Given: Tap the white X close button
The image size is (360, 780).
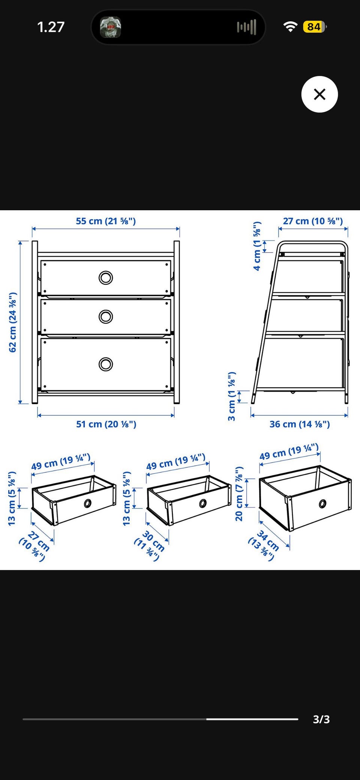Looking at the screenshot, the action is (319, 94).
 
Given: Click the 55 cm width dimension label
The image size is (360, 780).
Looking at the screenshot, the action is (106, 221).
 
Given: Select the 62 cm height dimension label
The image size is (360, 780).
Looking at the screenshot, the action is (13, 322).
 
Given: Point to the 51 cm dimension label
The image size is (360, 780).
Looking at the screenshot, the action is (106, 424).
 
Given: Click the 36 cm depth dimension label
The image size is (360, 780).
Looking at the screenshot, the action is (300, 424).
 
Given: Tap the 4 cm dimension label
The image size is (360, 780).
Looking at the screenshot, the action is (257, 246).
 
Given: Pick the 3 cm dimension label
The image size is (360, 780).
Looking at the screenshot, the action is (232, 396).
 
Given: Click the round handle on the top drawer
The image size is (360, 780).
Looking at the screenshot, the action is (106, 278).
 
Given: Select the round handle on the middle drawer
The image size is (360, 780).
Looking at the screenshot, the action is (106, 317).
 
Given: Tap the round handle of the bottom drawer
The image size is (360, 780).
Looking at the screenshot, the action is (106, 364).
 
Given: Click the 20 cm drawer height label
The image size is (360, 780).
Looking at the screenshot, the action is (239, 494).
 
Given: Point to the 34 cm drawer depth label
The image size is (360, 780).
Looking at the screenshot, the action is (264, 545).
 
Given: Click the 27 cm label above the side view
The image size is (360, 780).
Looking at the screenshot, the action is (313, 221).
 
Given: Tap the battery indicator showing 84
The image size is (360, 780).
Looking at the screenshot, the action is (315, 27).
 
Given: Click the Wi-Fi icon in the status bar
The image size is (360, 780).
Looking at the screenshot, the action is (290, 27).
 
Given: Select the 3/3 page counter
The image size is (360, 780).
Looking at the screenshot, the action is (321, 719).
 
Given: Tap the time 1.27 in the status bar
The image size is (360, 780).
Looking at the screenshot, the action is (51, 27).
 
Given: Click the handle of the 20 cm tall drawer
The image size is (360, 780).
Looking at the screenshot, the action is (322, 504).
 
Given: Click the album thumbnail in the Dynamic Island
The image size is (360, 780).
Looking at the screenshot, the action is (110, 27).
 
